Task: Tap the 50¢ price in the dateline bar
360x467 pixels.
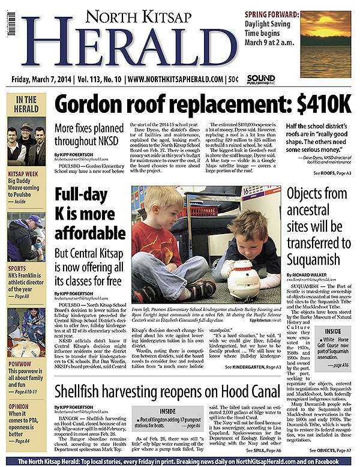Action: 232,79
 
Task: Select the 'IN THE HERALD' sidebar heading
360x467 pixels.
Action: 26,104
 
